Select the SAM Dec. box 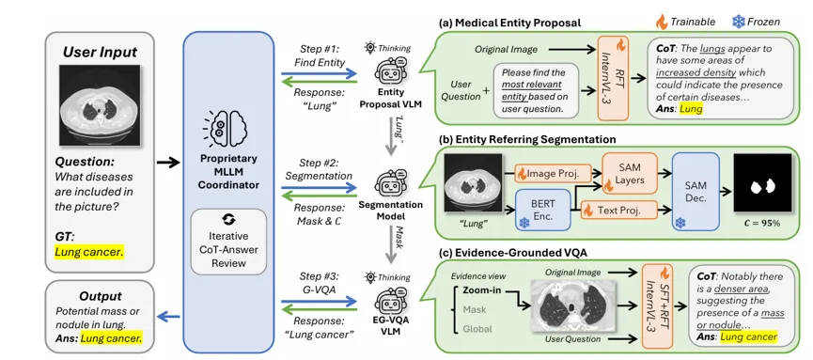(696, 192)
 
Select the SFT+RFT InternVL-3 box (657, 305)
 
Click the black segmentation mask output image (762, 183)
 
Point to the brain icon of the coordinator (228, 131)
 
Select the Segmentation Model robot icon (388, 183)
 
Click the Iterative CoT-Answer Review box (228, 242)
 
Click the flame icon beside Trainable (662, 22)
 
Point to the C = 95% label (762, 224)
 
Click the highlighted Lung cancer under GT (88, 253)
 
